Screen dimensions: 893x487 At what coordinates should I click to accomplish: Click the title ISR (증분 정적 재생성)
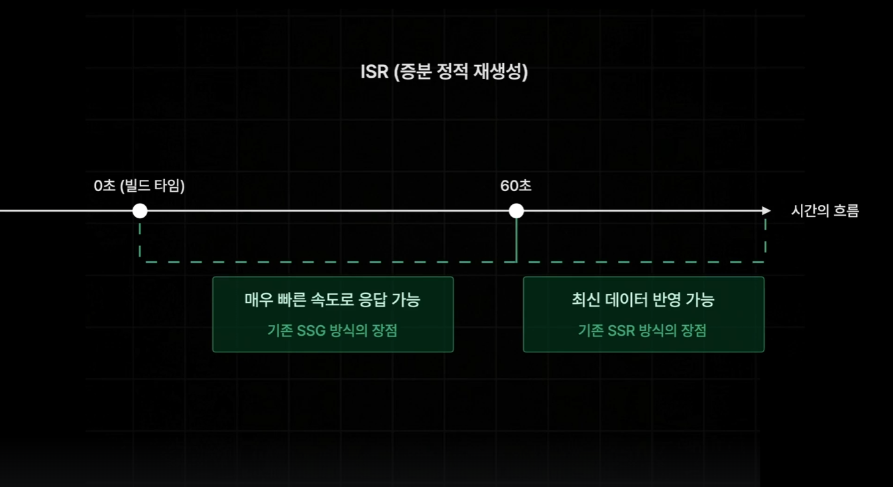pyautogui.click(x=444, y=72)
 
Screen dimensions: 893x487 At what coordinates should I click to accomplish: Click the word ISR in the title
pyautogui.click(x=374, y=72)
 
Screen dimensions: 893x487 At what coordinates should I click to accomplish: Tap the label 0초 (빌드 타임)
pyautogui.click(x=139, y=186)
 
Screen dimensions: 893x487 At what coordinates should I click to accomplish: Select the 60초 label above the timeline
pyautogui.click(x=516, y=186)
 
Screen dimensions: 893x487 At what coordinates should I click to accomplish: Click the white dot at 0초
pyautogui.click(x=140, y=211)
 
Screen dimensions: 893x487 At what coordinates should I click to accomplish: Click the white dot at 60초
pyautogui.click(x=516, y=211)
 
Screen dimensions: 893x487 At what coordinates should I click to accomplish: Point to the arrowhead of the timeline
pyautogui.click(x=766, y=211)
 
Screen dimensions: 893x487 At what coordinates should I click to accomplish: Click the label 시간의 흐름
pyautogui.click(x=825, y=212)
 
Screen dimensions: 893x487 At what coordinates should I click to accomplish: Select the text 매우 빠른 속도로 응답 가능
pyautogui.click(x=332, y=300)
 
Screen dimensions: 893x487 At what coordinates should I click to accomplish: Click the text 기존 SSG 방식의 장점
pyautogui.click(x=332, y=330)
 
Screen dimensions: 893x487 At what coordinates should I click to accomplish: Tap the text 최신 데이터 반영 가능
pyautogui.click(x=643, y=300)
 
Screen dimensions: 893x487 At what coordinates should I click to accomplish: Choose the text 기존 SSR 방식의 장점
pyautogui.click(x=642, y=330)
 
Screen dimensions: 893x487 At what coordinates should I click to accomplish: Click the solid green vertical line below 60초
pyautogui.click(x=516, y=240)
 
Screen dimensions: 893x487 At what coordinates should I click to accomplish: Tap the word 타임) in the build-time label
pyautogui.click(x=168, y=186)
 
